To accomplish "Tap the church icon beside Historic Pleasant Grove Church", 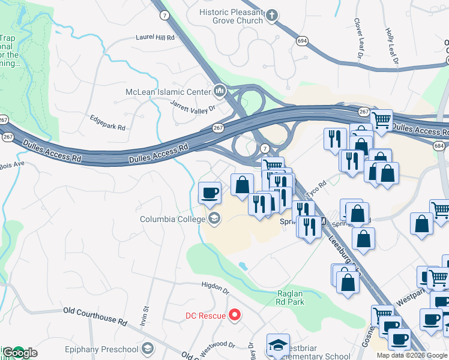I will (271, 16).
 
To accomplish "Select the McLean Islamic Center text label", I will (168, 91).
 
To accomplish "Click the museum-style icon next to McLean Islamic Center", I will (220, 91).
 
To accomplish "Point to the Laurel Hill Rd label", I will (154, 37).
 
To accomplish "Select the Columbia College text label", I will (173, 219).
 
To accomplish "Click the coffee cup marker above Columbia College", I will (210, 193).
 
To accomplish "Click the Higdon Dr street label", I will (215, 287).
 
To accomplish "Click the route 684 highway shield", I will (439, 146).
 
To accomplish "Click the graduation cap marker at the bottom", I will (278, 345).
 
